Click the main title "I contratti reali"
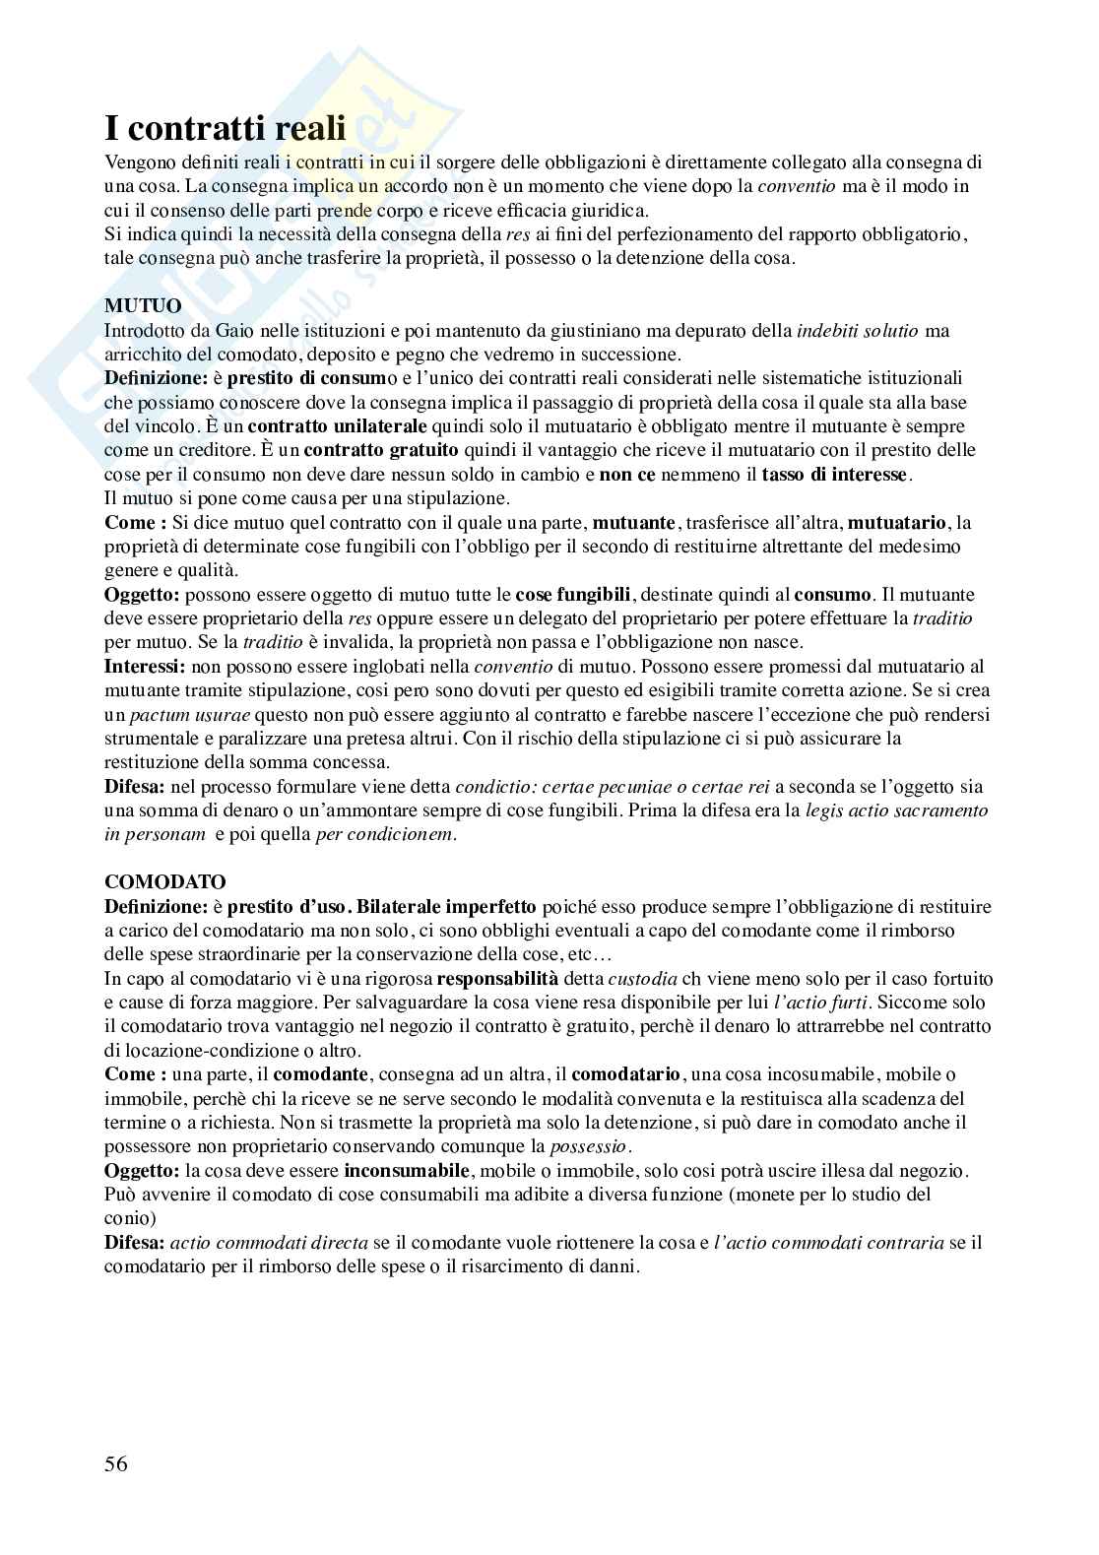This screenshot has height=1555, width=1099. (226, 129)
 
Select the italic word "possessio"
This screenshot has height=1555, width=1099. (588, 1146)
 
